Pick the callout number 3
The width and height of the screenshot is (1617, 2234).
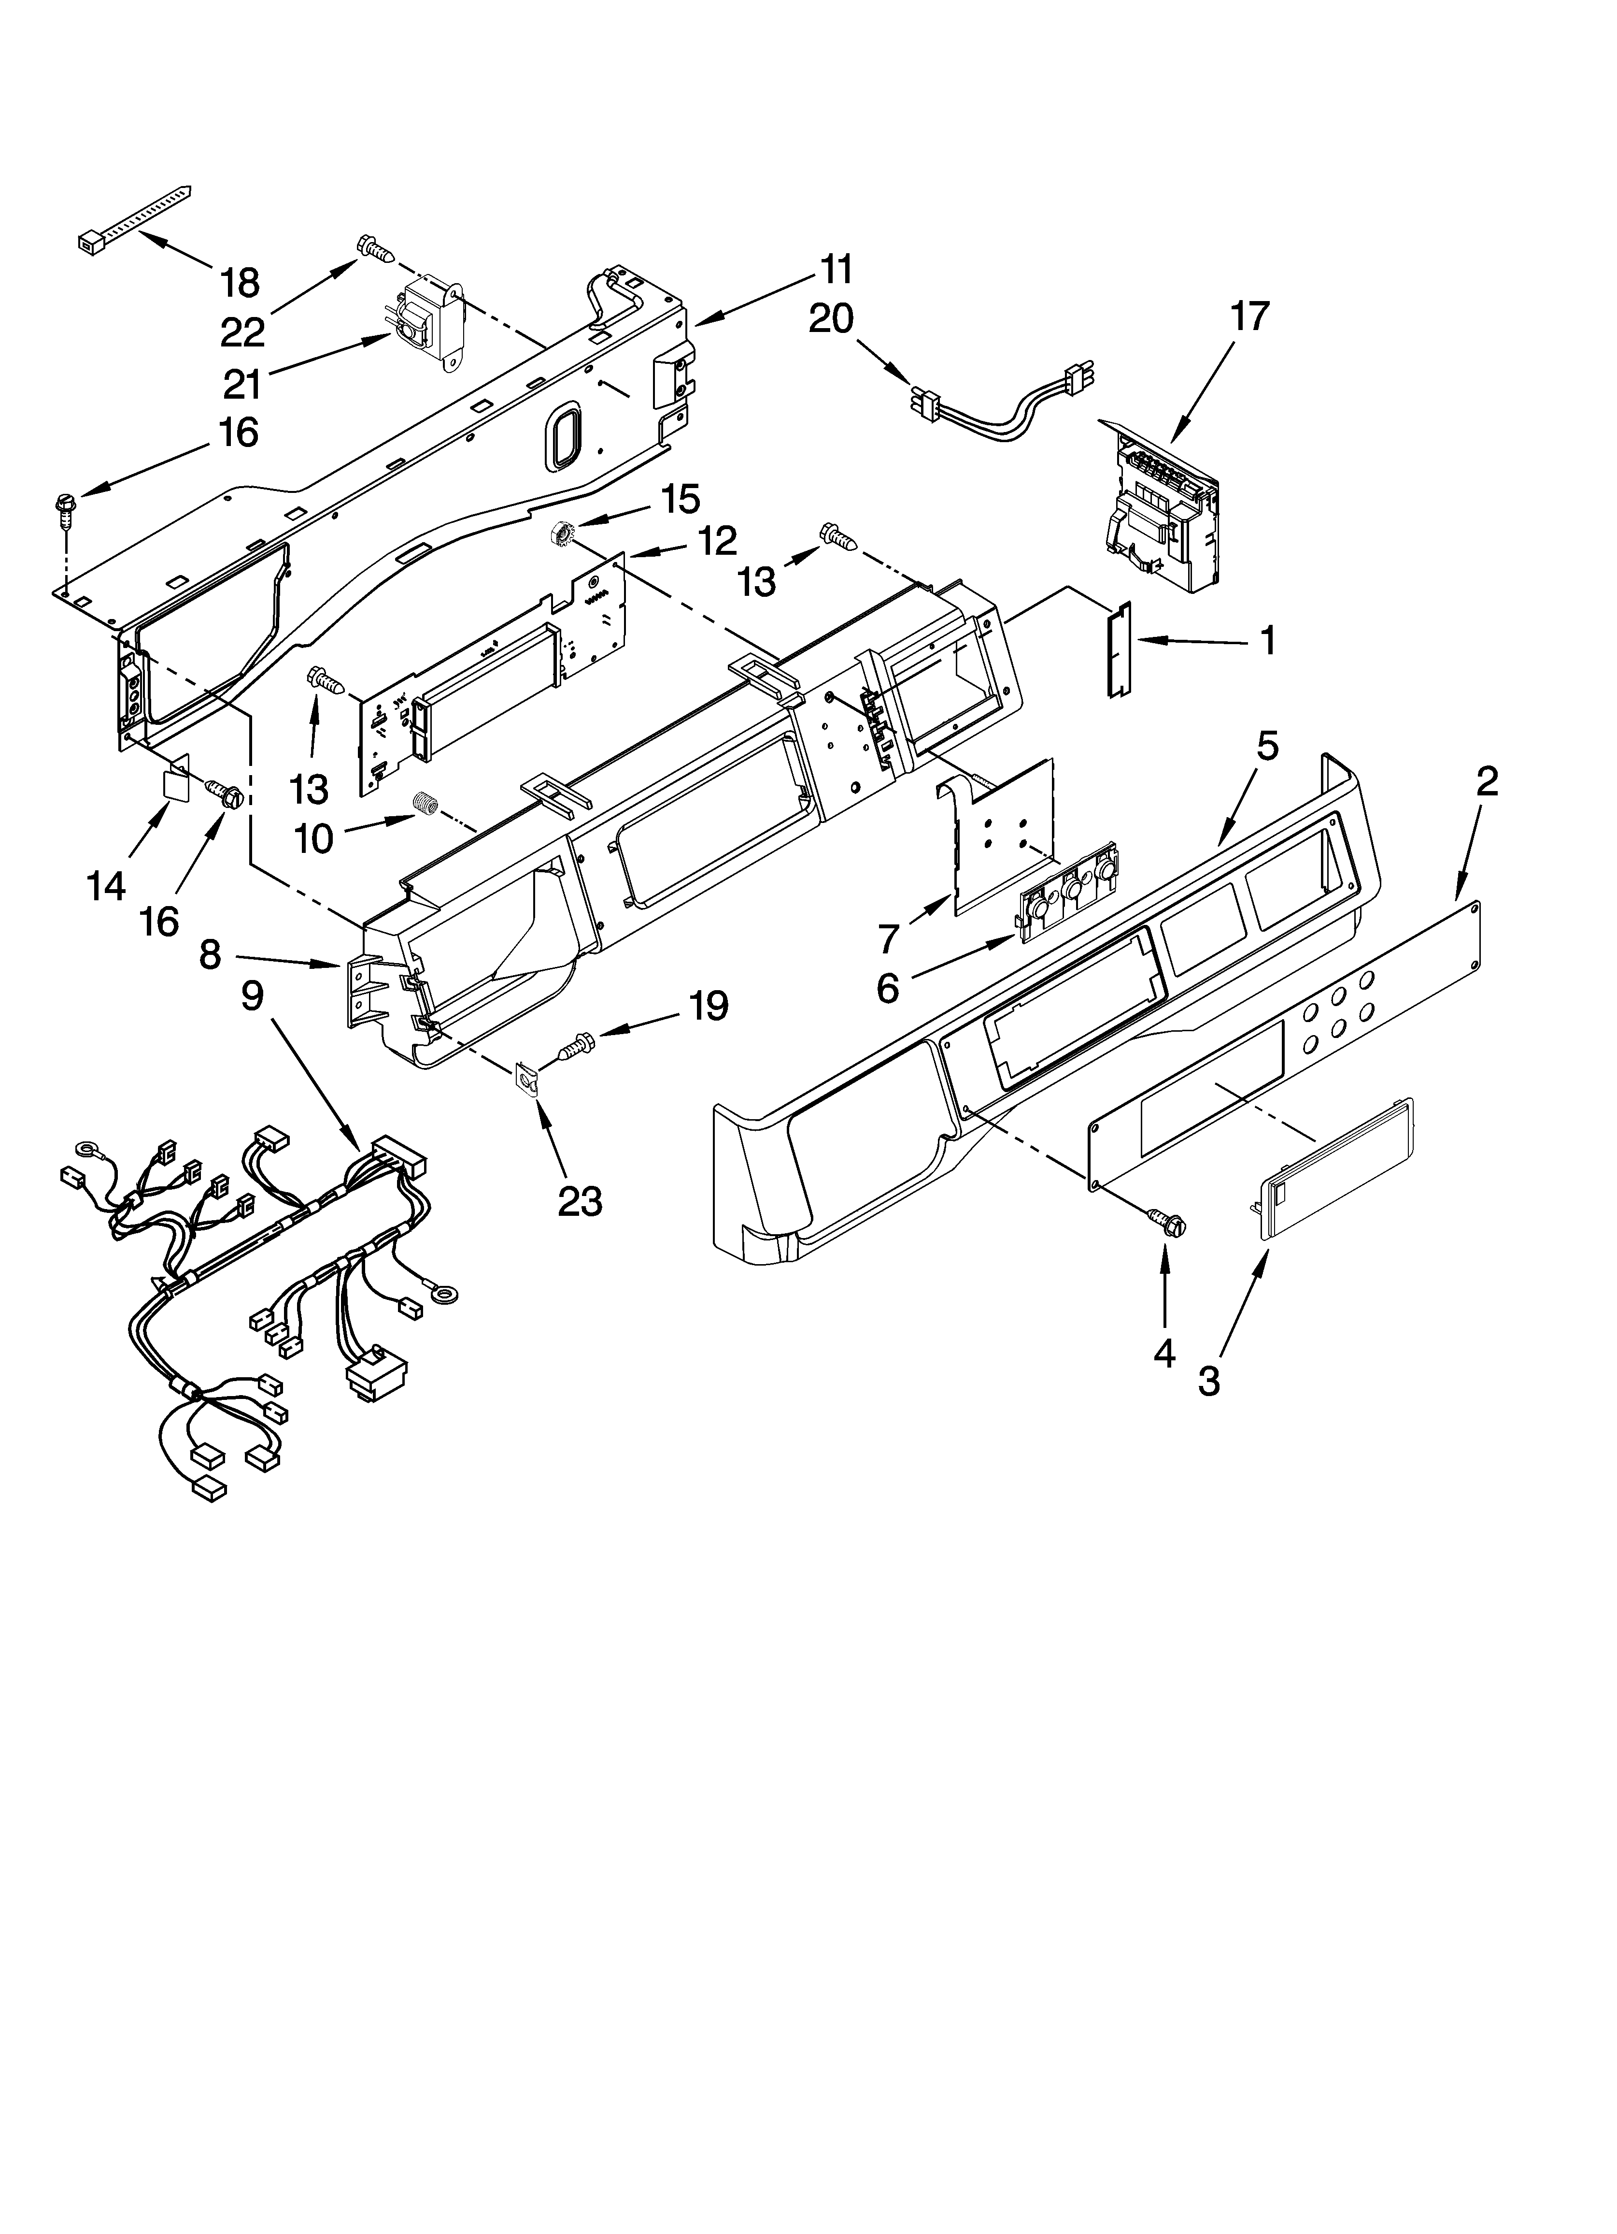[x=1209, y=1381]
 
